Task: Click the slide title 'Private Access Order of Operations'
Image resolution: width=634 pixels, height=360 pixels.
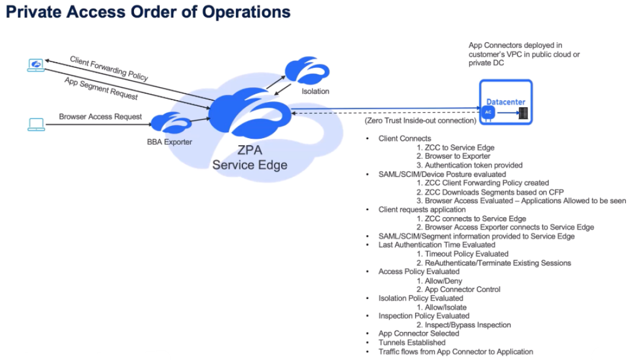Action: pyautogui.click(x=148, y=12)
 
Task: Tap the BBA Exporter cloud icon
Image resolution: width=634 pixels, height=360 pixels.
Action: pyautogui.click(x=169, y=124)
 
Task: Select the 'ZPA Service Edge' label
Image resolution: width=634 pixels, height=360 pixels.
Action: pyautogui.click(x=250, y=157)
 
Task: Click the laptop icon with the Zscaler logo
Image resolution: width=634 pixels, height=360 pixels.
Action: pyautogui.click(x=36, y=65)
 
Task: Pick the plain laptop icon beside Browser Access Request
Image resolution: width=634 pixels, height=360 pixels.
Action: pyautogui.click(x=36, y=124)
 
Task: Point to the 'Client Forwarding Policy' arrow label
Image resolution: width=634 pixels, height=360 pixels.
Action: pyautogui.click(x=109, y=68)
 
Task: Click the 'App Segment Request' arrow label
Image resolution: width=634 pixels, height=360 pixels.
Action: pyautogui.click(x=101, y=88)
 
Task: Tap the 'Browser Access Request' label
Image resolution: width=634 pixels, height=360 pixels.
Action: pyautogui.click(x=100, y=116)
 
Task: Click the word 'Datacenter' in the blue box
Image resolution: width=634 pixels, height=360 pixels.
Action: pyautogui.click(x=506, y=102)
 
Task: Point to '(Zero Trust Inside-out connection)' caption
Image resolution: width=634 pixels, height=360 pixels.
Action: pyautogui.click(x=420, y=121)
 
